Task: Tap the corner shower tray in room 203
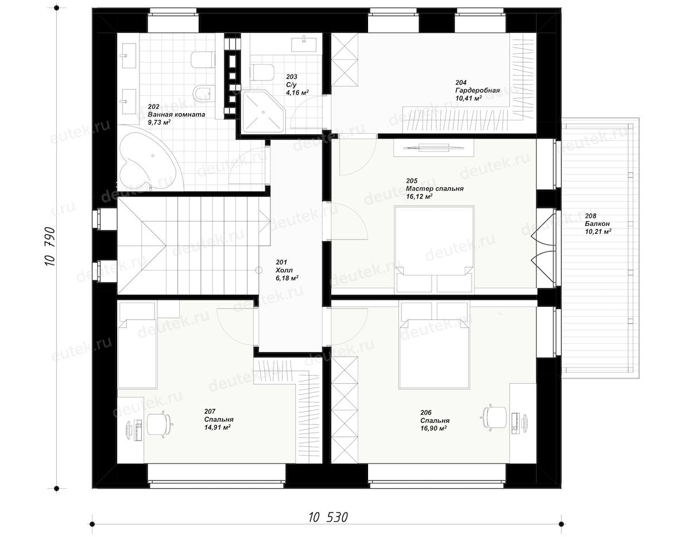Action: [x=262, y=111]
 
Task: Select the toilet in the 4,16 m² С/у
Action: [x=263, y=72]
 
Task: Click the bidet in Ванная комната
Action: [x=201, y=93]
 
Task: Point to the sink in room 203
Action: [x=303, y=44]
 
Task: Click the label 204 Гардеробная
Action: [x=478, y=90]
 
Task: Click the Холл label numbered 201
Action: [x=287, y=271]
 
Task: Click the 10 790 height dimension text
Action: [x=50, y=246]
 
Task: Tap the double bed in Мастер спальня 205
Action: [x=434, y=249]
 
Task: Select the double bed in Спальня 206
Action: [x=434, y=345]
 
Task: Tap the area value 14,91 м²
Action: [x=217, y=427]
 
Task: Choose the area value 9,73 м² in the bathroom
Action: [x=159, y=122]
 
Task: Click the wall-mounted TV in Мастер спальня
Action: [x=433, y=147]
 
